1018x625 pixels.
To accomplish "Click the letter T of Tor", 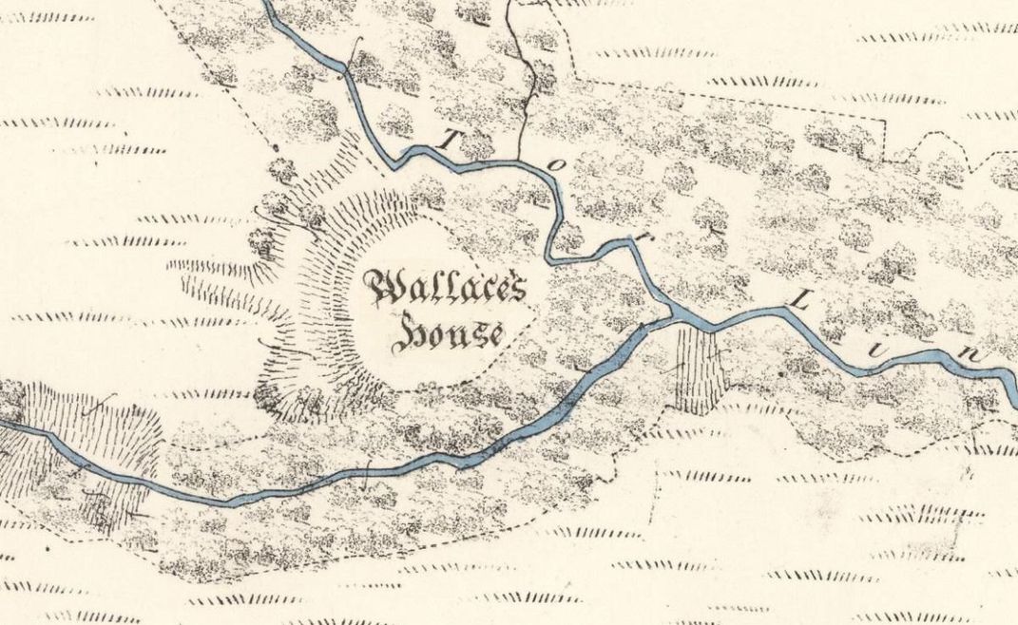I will pyautogui.click(x=449, y=140).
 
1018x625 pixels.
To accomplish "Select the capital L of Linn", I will pyautogui.click(x=799, y=303).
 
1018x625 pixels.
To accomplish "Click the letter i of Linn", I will pyautogui.click(x=891, y=331).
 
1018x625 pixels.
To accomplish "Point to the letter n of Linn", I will pyautogui.click(x=970, y=353).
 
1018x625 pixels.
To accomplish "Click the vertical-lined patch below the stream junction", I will pyautogui.click(x=699, y=370).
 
